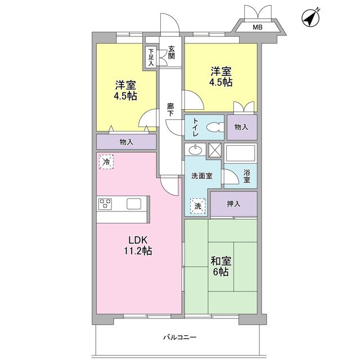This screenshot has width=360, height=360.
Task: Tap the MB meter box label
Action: coord(256,27)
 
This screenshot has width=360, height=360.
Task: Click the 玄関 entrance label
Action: coord(171,52)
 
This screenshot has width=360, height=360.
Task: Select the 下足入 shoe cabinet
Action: coord(151,57)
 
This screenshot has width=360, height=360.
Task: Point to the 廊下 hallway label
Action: coord(170,109)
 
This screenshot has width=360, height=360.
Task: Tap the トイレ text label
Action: coord(195,127)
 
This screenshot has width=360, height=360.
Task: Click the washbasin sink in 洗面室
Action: coord(195,150)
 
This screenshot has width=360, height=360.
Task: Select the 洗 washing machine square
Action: coord(197,206)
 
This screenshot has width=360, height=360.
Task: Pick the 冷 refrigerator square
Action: coord(106,161)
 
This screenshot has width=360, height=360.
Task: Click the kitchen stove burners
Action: coord(105,204)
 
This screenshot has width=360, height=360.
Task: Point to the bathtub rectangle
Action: coord(241,152)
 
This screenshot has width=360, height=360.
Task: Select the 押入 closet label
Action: coord(233,204)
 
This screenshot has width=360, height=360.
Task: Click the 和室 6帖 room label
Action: coord(220,266)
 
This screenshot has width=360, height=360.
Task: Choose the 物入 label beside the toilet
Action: coord(241,127)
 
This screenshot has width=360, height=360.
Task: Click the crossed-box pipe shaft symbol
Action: coord(215,150)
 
